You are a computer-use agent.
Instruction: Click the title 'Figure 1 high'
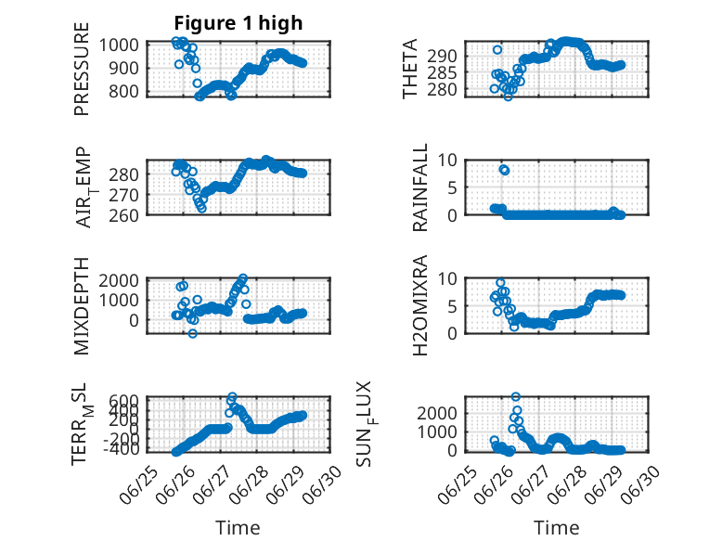(239, 23)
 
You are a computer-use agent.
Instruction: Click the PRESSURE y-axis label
(82, 69)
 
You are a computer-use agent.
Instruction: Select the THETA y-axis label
(409, 69)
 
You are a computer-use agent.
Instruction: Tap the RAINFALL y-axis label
(420, 187)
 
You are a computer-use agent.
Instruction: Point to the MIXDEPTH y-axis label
(82, 306)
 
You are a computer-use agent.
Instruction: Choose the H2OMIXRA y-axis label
(420, 305)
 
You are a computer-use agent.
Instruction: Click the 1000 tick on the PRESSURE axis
(119, 45)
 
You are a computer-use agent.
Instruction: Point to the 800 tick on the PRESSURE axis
(122, 91)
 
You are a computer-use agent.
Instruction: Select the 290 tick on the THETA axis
(442, 57)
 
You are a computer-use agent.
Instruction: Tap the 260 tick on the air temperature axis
(123, 215)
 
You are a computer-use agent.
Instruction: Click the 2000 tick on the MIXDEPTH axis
(119, 280)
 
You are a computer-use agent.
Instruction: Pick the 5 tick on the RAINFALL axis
(452, 187)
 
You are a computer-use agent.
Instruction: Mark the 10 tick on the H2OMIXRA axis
(447, 278)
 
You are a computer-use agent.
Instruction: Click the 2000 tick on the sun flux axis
(437, 413)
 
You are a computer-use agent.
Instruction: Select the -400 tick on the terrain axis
(121, 448)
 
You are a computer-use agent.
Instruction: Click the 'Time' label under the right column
(556, 528)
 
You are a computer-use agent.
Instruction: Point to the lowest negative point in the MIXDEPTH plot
(192, 333)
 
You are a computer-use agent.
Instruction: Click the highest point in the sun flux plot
(516, 396)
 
